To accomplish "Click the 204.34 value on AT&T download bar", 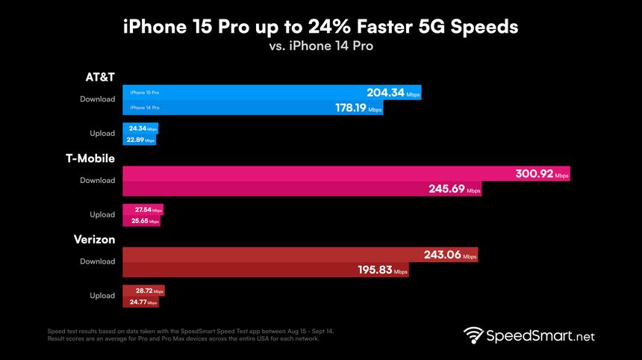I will [x=385, y=93].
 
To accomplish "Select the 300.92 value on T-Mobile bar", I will [x=535, y=174].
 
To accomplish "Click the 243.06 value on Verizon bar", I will [x=443, y=255].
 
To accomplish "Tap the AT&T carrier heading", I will [x=99, y=77].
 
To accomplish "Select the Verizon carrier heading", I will [x=94, y=240].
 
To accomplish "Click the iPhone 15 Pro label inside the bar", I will [x=144, y=93].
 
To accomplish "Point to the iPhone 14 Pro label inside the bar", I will [x=144, y=108].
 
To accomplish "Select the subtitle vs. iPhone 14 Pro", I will [x=321, y=46].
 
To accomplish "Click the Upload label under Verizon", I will [x=102, y=296].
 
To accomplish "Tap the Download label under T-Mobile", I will [x=98, y=180].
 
